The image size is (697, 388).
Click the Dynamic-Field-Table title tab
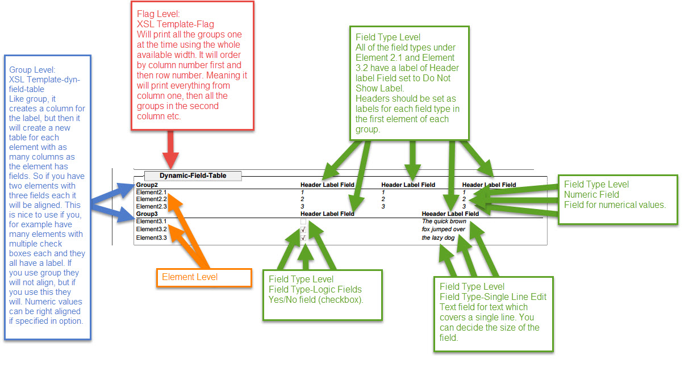click(193, 176)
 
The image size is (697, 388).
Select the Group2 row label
click(147, 185)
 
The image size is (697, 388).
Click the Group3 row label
click(147, 214)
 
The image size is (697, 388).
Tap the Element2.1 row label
click(151, 193)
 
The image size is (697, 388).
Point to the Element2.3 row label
click(151, 206)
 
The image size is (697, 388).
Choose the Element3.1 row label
click(151, 222)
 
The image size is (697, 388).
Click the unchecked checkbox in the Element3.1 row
click(303, 222)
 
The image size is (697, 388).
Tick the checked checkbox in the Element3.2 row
click(303, 230)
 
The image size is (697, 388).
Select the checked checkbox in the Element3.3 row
click(303, 237)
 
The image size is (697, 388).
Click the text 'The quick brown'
click(444, 222)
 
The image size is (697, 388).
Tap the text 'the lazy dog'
click(438, 238)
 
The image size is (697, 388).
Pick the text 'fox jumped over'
click(443, 230)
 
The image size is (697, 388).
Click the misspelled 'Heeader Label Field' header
click(450, 214)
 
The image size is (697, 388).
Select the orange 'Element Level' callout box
click(203, 277)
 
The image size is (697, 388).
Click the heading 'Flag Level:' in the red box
click(157, 13)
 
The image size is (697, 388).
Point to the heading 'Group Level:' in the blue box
click(32, 70)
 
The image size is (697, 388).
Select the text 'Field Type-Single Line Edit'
click(493, 297)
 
